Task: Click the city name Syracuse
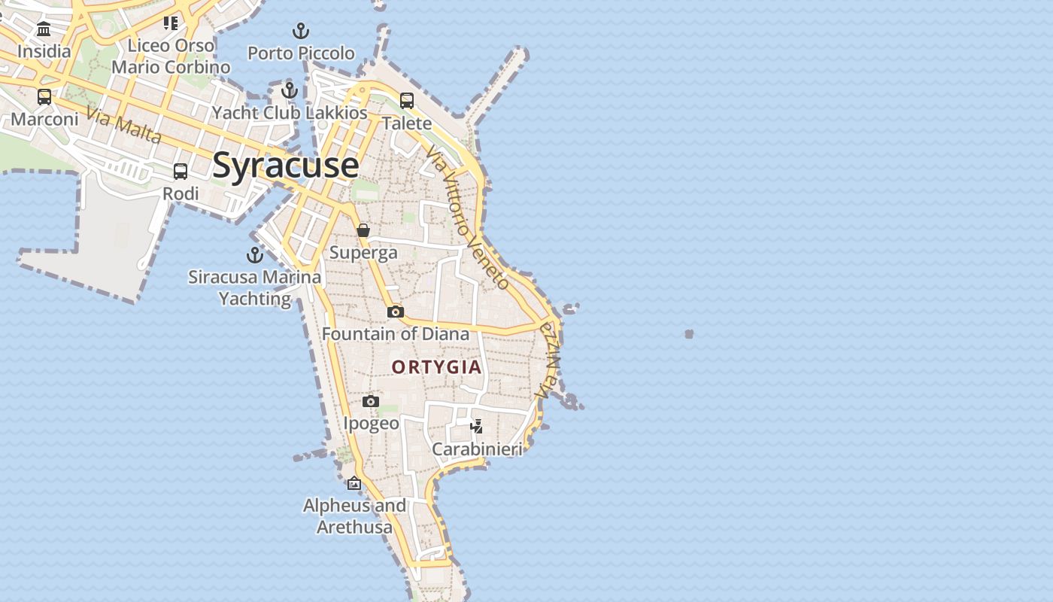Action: [x=285, y=165]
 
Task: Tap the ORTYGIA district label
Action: [x=436, y=367]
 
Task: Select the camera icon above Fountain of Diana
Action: [x=396, y=312]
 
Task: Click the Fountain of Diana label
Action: [x=396, y=333]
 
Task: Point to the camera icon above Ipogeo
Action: [x=371, y=402]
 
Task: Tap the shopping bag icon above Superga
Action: [x=363, y=230]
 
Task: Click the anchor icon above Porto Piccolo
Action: [x=301, y=32]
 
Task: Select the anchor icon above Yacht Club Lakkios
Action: [x=290, y=91]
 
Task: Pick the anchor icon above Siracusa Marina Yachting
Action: [x=255, y=255]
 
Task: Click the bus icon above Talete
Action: [x=407, y=101]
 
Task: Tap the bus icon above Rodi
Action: [x=181, y=172]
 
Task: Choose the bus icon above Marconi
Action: [x=44, y=97]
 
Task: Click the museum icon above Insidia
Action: [x=44, y=29]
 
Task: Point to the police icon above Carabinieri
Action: [x=476, y=427]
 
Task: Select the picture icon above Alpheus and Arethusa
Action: [x=354, y=483]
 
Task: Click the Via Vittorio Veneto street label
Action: [x=467, y=217]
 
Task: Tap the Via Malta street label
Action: [x=123, y=124]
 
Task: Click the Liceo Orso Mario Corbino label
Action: [x=171, y=56]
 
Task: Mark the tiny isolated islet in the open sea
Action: [x=689, y=334]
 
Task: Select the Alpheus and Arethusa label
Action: [x=354, y=516]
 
